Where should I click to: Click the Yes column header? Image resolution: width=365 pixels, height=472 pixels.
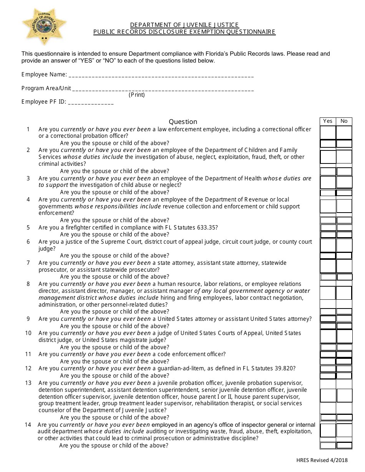(328, 121)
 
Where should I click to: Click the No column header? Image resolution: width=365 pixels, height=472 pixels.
(344, 121)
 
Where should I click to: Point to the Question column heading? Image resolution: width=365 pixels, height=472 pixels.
(183, 122)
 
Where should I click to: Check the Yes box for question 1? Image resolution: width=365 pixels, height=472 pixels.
(328, 132)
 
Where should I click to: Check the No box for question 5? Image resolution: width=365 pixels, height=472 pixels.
(344, 228)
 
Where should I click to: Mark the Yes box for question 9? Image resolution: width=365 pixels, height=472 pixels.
(328, 319)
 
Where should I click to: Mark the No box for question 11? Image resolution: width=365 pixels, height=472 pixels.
(344, 354)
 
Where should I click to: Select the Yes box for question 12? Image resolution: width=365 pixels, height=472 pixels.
(328, 368)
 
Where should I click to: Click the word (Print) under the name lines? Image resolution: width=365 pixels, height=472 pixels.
(137, 95)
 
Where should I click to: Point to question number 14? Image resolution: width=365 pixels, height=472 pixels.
(28, 424)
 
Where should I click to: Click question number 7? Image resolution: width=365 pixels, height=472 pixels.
(28, 263)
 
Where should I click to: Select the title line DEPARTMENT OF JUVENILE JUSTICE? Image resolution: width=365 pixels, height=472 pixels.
(184, 25)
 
